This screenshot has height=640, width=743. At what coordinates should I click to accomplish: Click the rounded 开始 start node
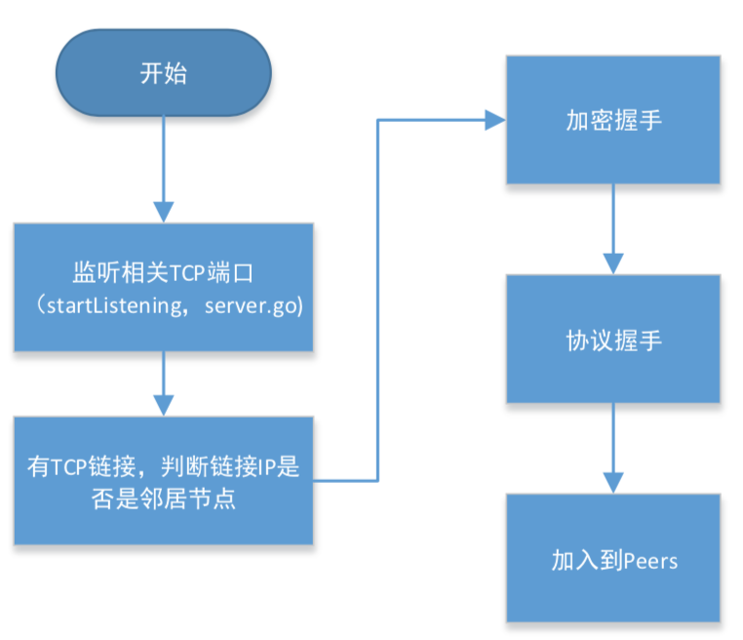point(163,74)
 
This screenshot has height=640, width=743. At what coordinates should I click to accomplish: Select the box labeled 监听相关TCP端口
point(163,287)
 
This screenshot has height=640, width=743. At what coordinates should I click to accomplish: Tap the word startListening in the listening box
point(107,305)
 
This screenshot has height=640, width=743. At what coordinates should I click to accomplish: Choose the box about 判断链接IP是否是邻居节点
point(163,480)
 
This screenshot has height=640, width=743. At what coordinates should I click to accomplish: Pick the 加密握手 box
point(612,120)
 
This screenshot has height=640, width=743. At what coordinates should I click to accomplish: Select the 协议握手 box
point(612,339)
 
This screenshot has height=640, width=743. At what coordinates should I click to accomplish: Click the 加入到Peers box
point(612,558)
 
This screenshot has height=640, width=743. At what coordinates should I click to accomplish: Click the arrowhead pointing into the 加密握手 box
point(495,120)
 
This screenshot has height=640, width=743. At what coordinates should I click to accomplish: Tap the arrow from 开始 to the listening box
point(163,171)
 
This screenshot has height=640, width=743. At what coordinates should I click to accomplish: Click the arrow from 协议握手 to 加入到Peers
point(612,448)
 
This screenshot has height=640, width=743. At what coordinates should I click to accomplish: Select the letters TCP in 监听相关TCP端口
point(187,270)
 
